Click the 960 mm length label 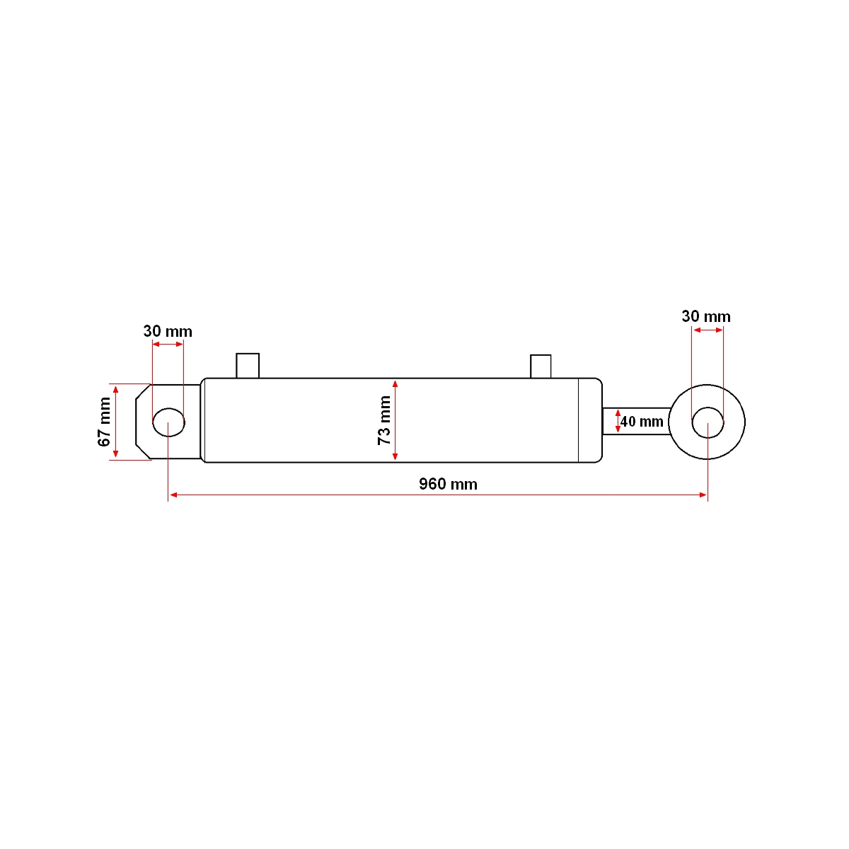pos(448,484)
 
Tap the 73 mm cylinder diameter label pos(384,420)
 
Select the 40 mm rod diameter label pos(642,422)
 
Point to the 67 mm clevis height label pos(105,422)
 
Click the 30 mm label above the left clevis pos(168,331)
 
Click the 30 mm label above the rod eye pos(705,316)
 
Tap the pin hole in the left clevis pos(168,422)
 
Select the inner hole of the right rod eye pos(707,422)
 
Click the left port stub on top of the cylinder pos(248,365)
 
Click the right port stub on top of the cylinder pos(541,366)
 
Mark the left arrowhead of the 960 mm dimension pos(172,495)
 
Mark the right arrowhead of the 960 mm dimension pos(703,495)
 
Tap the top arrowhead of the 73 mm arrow pos(395,383)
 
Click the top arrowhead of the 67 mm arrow pos(115,388)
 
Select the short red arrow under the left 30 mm pos(168,344)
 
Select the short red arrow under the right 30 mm pos(707,330)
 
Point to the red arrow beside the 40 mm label pos(618,421)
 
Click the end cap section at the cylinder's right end pos(589,420)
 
